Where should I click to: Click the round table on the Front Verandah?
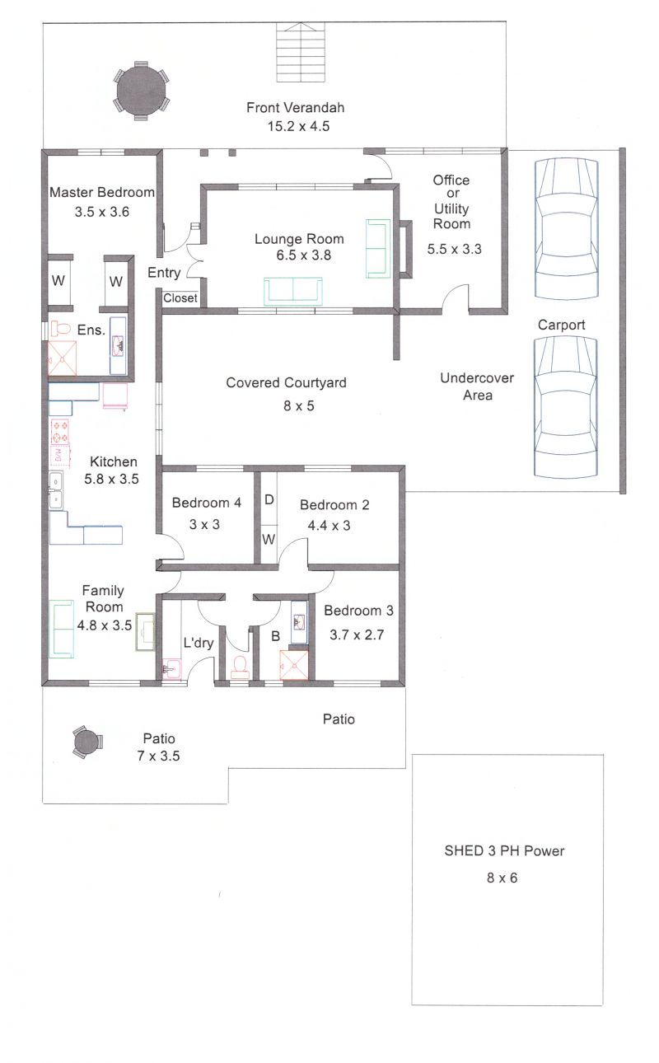click(x=142, y=91)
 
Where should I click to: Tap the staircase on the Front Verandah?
click(x=301, y=52)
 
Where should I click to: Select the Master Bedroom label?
click(x=102, y=193)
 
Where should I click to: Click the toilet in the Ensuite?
click(x=60, y=328)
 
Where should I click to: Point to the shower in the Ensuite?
click(x=62, y=358)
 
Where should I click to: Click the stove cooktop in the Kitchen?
click(x=60, y=431)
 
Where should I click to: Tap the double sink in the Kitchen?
click(x=56, y=490)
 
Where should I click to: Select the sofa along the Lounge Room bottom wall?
click(x=293, y=292)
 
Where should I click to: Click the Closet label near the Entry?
click(x=180, y=298)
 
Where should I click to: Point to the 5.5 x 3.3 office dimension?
click(x=454, y=249)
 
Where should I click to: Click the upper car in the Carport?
click(x=567, y=229)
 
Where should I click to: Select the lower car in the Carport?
click(x=566, y=407)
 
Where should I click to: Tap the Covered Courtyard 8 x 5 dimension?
click(x=299, y=406)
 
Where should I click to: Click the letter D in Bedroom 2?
click(x=269, y=499)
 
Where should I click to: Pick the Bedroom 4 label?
click(x=207, y=503)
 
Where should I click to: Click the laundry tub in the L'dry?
click(x=171, y=669)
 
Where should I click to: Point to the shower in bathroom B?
click(x=294, y=665)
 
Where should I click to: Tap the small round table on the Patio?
click(x=86, y=742)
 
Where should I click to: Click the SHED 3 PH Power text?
click(x=504, y=851)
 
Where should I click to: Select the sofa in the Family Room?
click(x=62, y=629)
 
